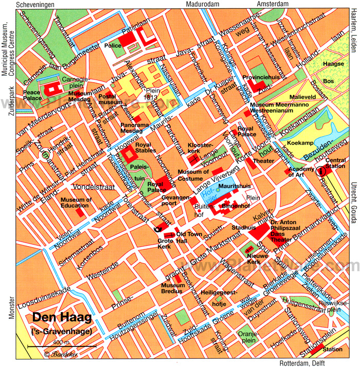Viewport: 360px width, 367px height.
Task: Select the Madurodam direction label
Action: click(x=201, y=5)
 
